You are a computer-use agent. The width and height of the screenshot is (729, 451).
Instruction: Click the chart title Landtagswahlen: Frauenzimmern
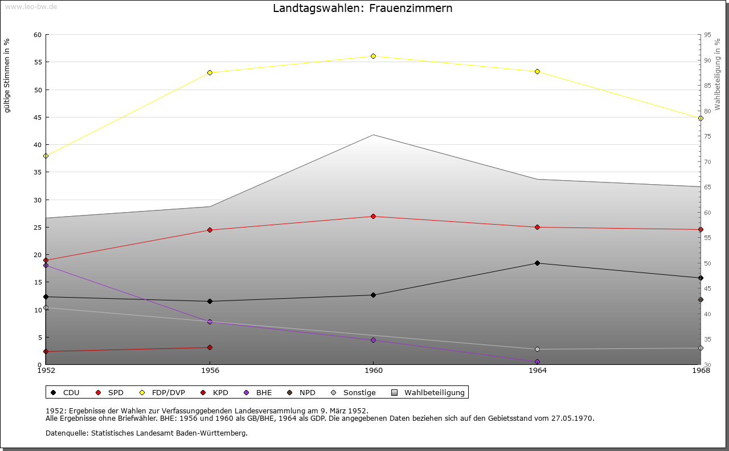coord(363,8)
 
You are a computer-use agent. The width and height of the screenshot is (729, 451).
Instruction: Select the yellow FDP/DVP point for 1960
coord(373,56)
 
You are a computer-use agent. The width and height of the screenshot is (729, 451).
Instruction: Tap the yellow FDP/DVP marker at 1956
coord(210,72)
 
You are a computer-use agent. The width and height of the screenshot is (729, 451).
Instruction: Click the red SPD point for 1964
coord(537,227)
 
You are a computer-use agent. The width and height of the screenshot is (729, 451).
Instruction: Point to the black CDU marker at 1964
coord(537,263)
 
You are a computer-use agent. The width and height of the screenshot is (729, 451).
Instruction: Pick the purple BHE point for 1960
coord(373,340)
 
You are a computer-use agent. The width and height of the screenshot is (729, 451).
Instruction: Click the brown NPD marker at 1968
coord(701,299)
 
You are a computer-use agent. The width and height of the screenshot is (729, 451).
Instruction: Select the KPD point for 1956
coord(210,347)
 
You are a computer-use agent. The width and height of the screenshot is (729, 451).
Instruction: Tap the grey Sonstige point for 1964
coord(537,349)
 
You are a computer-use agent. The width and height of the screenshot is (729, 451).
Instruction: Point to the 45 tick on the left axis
coord(38,117)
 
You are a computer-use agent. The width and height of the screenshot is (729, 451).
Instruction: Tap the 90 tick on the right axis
coord(707,60)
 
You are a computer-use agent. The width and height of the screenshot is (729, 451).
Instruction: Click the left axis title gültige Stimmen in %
coord(7,75)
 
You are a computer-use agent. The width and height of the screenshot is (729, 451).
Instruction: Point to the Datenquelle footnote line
coord(146,433)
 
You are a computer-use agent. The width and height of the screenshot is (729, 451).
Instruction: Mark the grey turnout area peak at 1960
coord(373,135)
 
